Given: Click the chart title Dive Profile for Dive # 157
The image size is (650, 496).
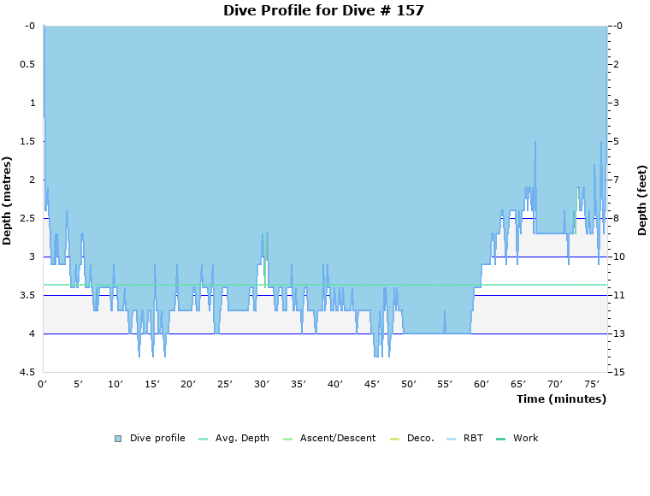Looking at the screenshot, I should click(x=323, y=10).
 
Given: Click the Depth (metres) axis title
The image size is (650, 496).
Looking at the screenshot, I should click(x=8, y=200).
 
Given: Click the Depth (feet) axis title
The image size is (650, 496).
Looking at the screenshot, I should click(x=642, y=200).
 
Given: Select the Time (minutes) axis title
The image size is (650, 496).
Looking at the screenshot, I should click(x=561, y=399).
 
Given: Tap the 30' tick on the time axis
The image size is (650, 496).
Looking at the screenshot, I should click(x=262, y=385).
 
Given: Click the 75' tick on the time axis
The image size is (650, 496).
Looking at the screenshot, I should click(x=591, y=385).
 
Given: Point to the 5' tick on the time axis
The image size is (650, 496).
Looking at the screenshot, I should click(x=78, y=385).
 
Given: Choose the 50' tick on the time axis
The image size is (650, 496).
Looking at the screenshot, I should click(x=408, y=385).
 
